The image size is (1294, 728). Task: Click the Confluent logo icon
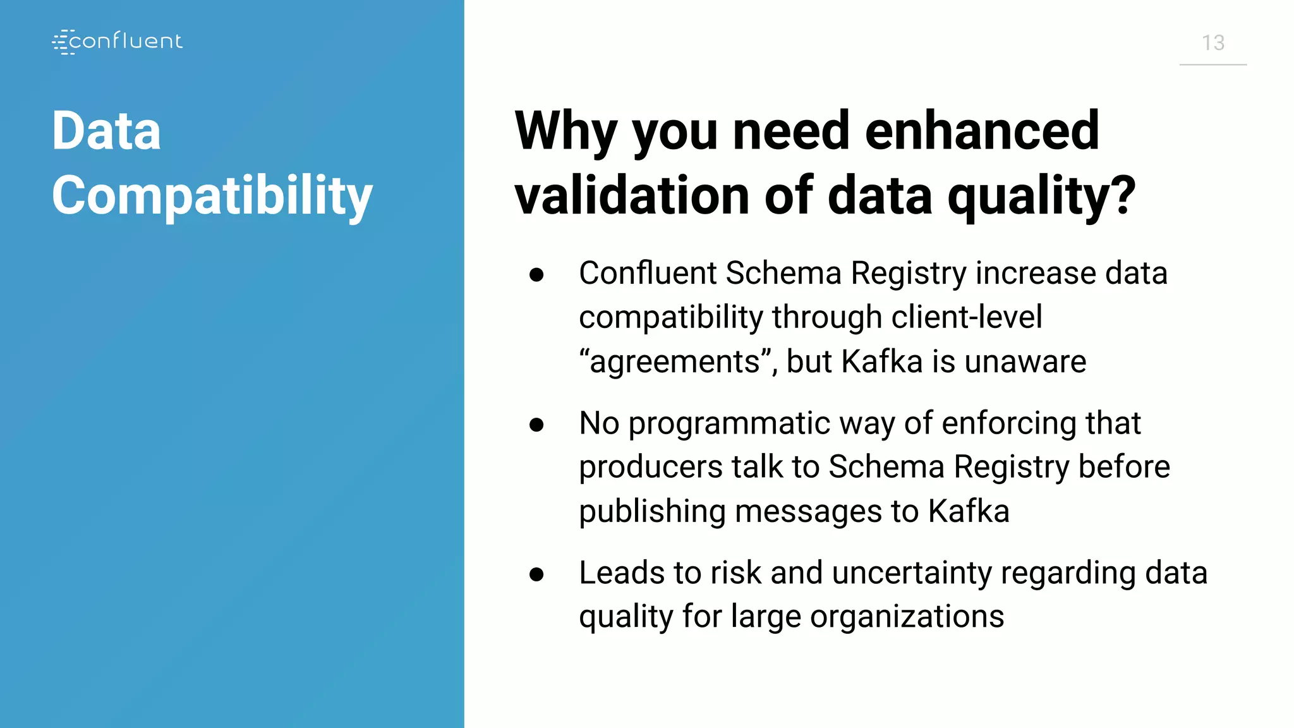63,42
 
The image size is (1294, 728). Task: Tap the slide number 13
1212,43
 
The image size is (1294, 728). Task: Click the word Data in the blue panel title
106,131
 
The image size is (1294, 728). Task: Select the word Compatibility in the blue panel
212,196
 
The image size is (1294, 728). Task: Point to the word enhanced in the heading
982,131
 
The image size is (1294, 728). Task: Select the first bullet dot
536,275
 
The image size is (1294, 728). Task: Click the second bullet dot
536,425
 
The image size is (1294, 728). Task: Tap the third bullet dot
536,574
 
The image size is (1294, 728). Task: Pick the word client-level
966,317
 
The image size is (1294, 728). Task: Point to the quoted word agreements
674,362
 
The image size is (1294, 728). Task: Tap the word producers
651,468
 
